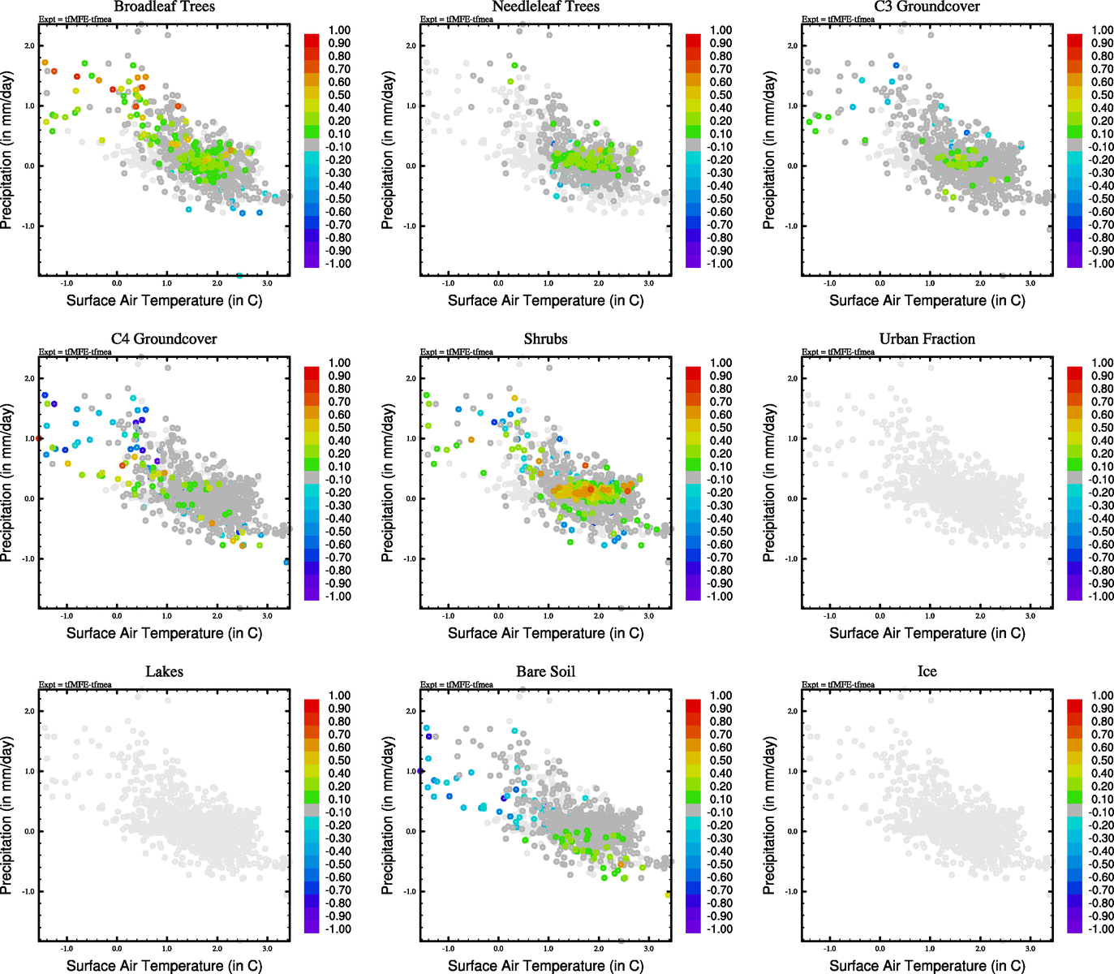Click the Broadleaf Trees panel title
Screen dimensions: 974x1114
click(164, 6)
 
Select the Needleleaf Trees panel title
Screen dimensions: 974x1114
click(545, 6)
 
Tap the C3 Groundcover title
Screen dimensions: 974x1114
click(927, 6)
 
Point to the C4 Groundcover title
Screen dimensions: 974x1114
click(164, 339)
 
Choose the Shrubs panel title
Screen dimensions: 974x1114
click(545, 339)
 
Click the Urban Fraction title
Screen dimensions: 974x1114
click(927, 339)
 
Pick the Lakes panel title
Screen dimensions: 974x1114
click(164, 672)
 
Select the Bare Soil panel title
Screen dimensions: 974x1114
click(545, 672)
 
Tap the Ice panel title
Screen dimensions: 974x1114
click(927, 672)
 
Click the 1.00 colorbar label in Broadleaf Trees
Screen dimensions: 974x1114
click(339, 30)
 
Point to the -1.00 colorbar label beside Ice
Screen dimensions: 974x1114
click(1101, 929)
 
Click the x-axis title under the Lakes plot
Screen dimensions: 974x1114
click(164, 966)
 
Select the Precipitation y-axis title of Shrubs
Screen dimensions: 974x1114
click(388, 484)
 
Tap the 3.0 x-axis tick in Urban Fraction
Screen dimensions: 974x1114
click(1030, 617)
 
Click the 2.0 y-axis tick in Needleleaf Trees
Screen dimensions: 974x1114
click(411, 45)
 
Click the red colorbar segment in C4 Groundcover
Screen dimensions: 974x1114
click(312, 373)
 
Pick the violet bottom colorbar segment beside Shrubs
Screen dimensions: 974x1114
click(693, 594)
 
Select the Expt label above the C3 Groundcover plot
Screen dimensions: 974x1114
click(838, 19)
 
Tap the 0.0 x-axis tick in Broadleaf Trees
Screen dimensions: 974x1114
click(117, 284)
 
